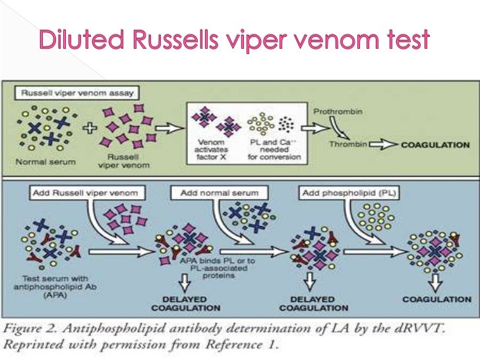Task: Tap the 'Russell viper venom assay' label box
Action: tap(77, 94)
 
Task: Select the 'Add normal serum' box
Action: tap(220, 193)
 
